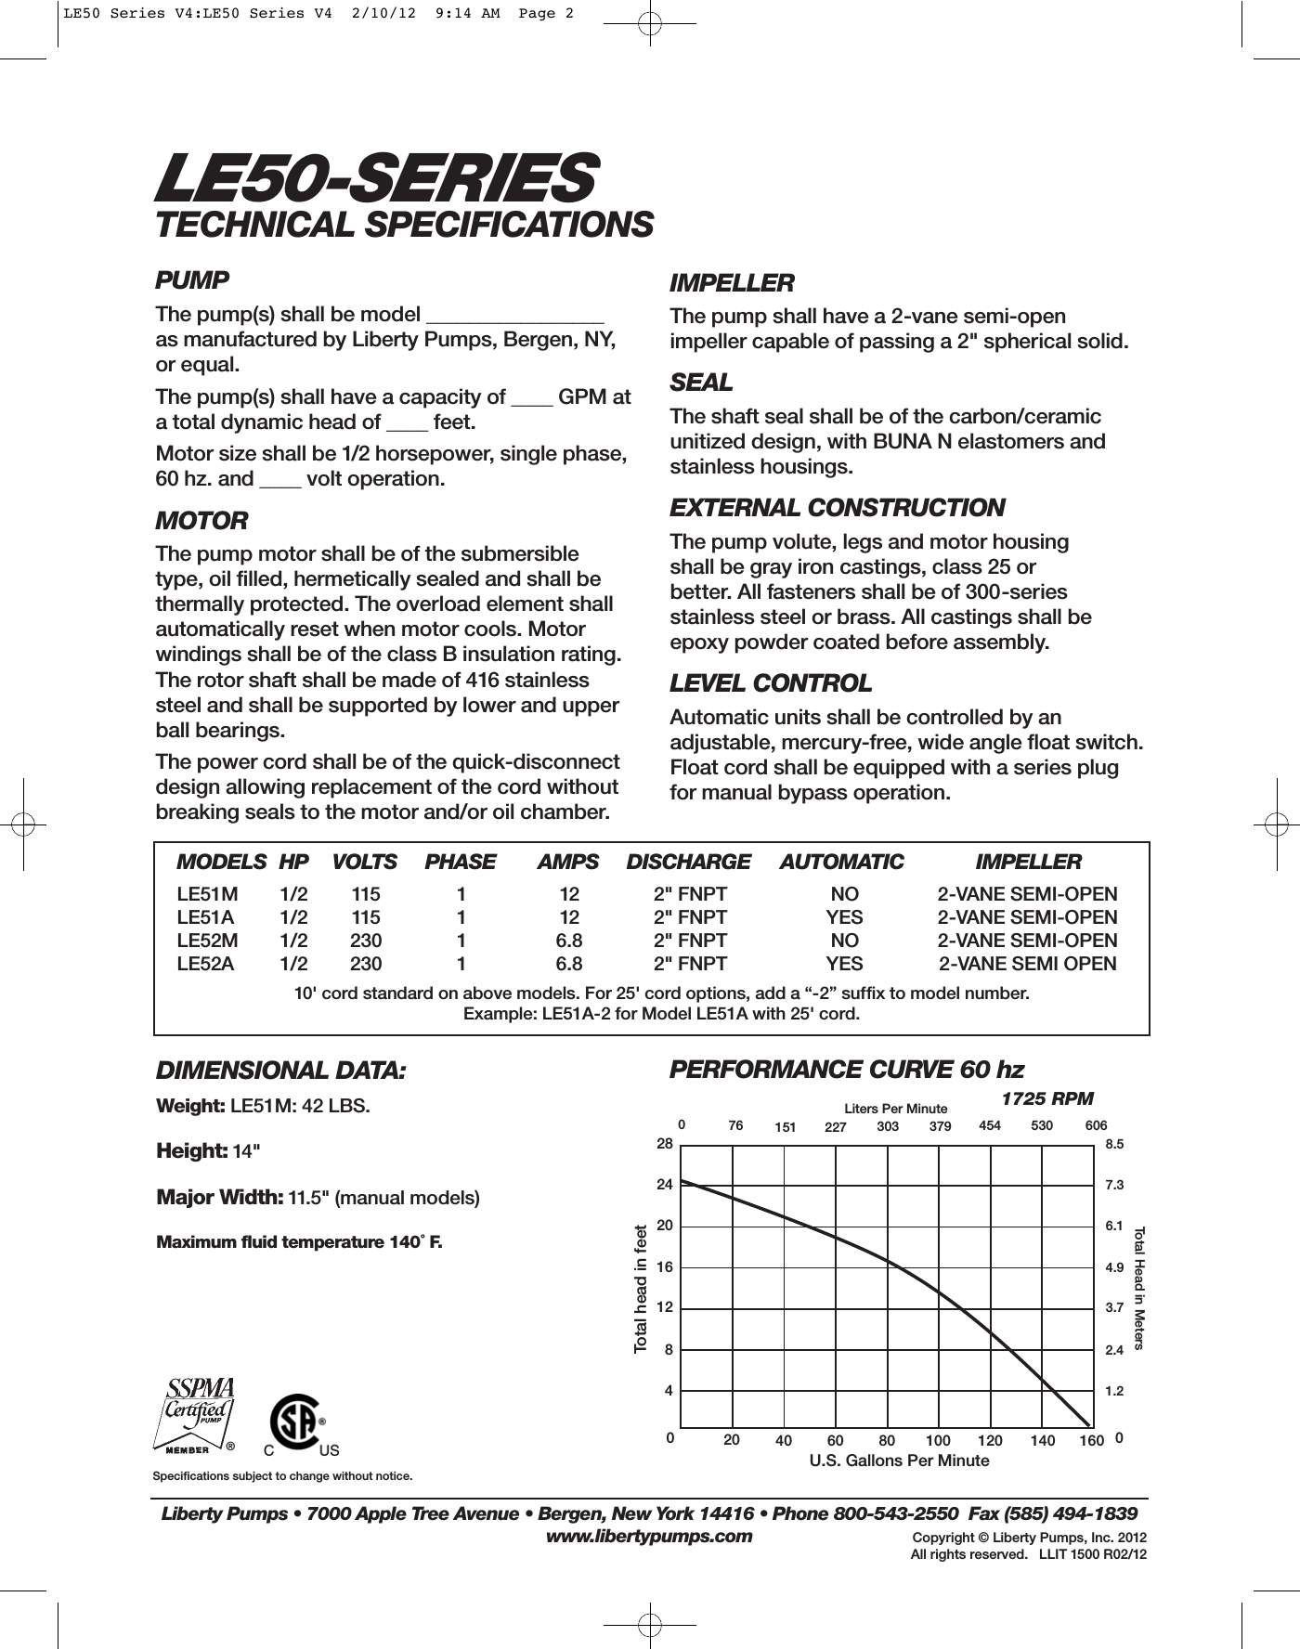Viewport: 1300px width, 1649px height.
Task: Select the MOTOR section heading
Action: [201, 521]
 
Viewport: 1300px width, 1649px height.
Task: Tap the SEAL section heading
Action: [701, 383]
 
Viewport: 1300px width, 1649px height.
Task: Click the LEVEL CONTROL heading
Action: [771, 683]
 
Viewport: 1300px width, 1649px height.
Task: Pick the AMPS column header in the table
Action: [568, 862]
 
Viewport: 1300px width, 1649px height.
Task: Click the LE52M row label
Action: [207, 941]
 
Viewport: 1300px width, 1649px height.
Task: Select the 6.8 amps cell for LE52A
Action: [569, 964]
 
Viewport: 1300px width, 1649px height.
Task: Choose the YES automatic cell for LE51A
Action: [844, 917]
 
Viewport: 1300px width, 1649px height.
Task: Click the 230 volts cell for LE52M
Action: [366, 941]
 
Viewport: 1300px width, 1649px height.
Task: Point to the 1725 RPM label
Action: [1046, 1098]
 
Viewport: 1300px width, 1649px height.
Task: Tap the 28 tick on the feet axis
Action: [664, 1144]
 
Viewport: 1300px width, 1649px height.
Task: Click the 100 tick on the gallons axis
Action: [938, 1440]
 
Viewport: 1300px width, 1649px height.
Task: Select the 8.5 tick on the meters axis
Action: [1114, 1145]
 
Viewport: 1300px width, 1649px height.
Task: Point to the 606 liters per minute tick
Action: [1096, 1125]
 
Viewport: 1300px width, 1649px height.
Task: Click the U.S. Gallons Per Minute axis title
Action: [899, 1461]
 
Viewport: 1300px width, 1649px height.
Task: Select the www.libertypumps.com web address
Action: [648, 1536]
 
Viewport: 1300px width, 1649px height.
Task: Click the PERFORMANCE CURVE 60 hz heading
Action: [846, 1070]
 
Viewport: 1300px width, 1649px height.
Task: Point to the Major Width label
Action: [220, 1197]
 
